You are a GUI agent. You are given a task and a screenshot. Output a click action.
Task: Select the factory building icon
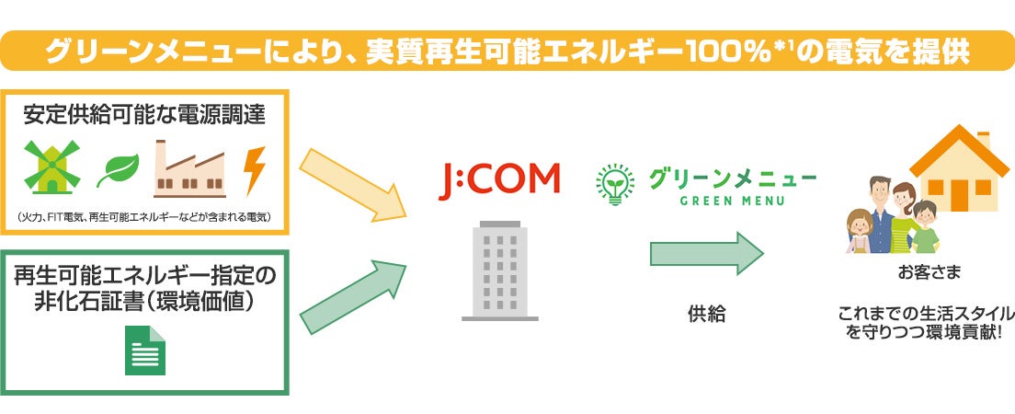click(189, 168)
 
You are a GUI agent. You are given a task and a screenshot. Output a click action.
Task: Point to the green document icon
click(145, 351)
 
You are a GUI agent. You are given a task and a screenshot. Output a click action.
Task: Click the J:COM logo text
click(498, 178)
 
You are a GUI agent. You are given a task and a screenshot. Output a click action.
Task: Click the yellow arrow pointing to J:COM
click(355, 181)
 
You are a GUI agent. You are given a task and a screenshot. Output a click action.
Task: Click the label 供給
click(706, 315)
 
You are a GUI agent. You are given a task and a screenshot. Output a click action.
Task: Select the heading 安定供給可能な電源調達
click(144, 115)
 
